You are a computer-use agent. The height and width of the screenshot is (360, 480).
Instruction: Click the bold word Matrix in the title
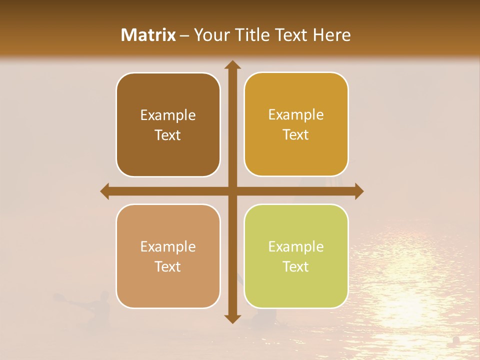point(148,35)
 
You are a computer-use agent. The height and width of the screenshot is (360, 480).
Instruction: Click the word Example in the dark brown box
point(168,115)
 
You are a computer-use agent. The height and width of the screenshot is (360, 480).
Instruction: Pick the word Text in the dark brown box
point(168,135)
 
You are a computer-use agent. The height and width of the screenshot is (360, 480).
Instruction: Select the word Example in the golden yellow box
point(296,115)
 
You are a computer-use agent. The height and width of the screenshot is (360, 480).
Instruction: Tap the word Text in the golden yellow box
point(296,134)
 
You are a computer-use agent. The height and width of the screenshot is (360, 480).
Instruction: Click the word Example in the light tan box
point(168,247)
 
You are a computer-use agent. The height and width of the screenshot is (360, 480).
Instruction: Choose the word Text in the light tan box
point(168,266)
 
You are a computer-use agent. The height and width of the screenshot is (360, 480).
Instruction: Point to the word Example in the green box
point(296,247)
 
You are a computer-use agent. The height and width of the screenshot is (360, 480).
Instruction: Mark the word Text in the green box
point(296,266)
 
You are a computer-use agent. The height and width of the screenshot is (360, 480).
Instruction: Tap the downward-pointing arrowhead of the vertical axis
point(232,318)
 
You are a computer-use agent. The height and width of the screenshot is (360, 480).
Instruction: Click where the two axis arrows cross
point(232,191)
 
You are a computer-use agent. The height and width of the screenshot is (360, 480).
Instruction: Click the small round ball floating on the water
point(456,340)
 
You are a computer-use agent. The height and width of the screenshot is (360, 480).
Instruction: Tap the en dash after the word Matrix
point(185,35)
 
